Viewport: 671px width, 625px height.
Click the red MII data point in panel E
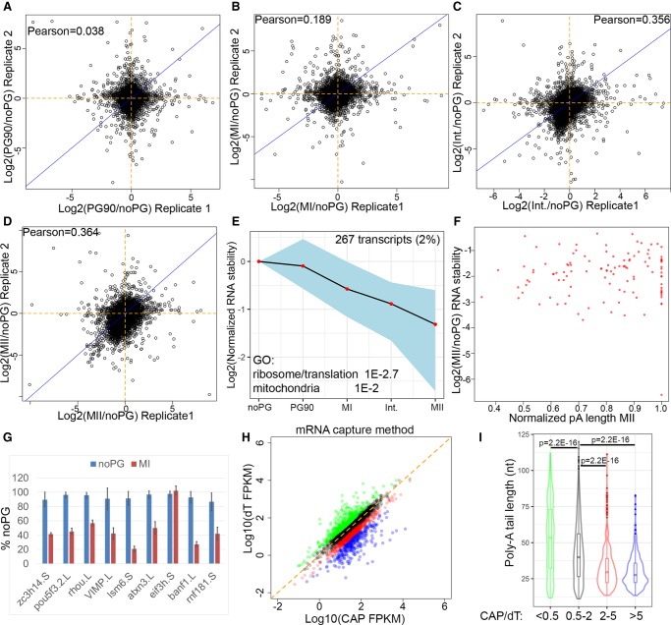[x=435, y=323]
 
